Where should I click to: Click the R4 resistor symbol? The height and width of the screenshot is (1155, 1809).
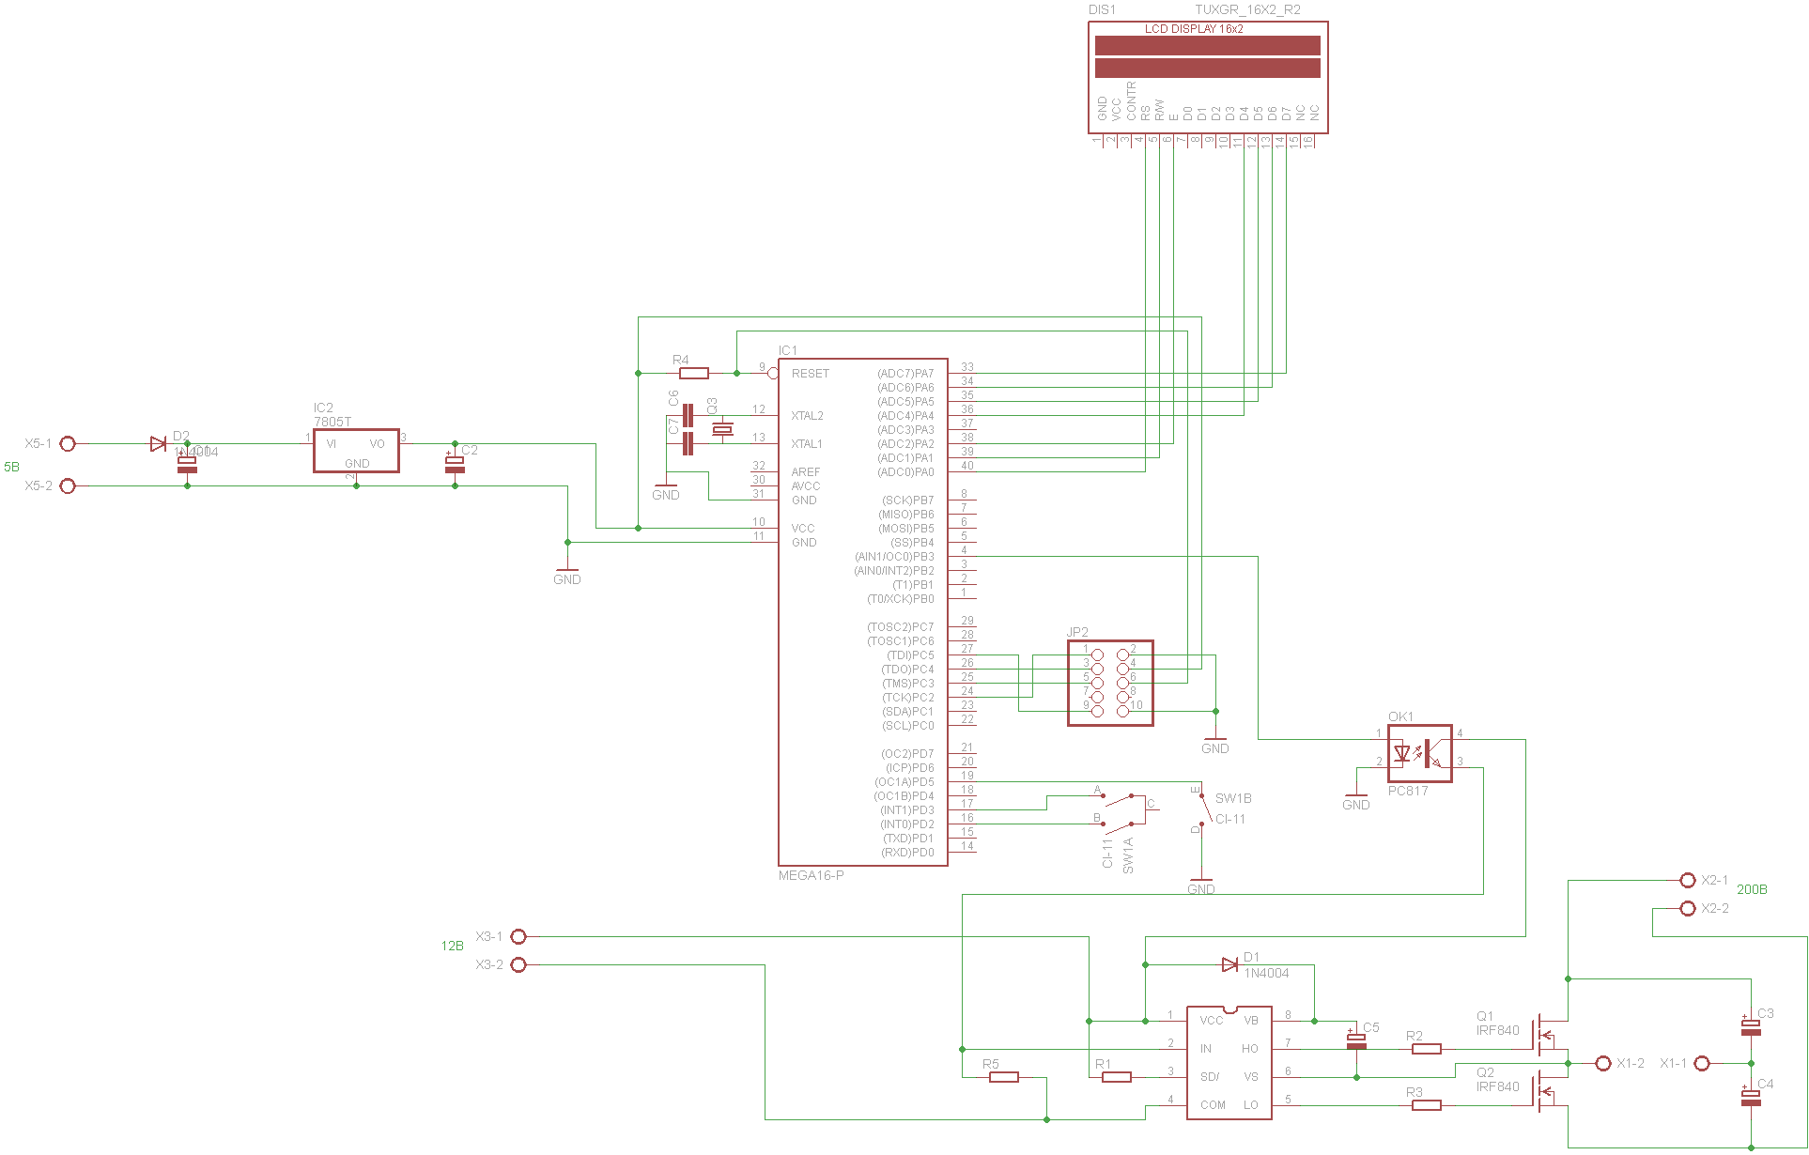point(693,374)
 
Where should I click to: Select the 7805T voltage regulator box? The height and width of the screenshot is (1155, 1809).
point(356,451)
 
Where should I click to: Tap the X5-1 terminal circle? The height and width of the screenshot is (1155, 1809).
point(68,443)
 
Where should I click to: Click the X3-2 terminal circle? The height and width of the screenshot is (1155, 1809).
point(518,964)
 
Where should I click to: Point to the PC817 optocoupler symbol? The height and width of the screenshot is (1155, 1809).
point(1419,753)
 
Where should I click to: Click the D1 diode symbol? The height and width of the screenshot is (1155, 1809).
point(1229,964)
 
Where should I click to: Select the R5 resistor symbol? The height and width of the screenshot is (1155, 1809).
point(1004,1077)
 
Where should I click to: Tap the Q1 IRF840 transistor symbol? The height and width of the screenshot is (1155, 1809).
point(1545,1035)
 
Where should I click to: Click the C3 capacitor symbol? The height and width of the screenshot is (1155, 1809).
point(1751,1027)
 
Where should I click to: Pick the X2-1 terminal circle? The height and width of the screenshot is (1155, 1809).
point(1688,880)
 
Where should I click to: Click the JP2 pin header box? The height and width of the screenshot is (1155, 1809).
point(1110,683)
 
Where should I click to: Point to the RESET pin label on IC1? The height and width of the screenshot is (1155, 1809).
point(810,374)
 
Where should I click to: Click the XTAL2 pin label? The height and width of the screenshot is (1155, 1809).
point(807,416)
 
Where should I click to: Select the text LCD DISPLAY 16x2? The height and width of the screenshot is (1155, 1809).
point(1193,29)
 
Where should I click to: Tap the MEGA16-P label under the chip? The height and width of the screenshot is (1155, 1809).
point(811,875)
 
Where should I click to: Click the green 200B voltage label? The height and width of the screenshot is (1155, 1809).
point(1752,889)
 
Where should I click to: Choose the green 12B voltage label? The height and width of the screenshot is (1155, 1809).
point(452,946)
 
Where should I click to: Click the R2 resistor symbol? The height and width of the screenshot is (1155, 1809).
point(1426,1049)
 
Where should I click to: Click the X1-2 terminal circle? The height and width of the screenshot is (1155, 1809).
point(1603,1063)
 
